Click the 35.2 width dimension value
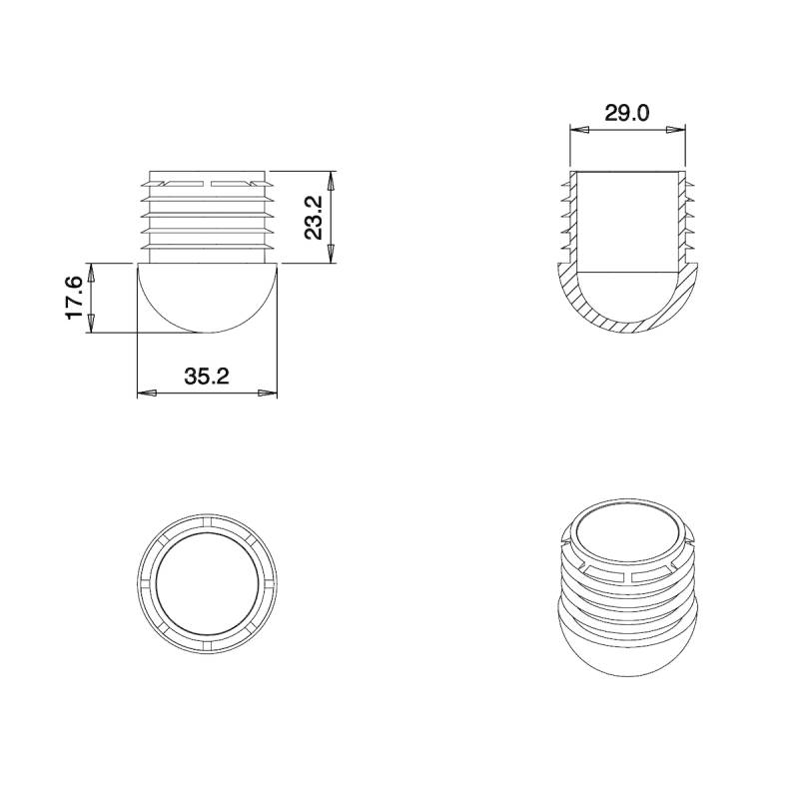pos(207,377)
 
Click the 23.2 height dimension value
pos(314,218)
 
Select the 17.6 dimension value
pos(75,299)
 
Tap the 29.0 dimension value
pos(627,113)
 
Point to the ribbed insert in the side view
pos(208,215)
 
